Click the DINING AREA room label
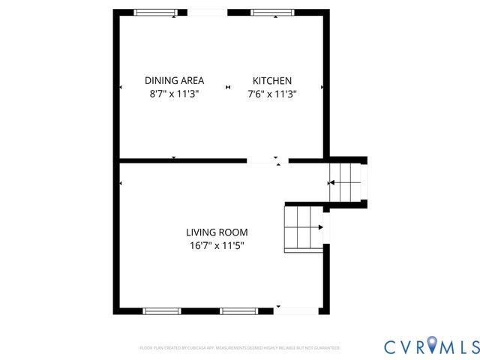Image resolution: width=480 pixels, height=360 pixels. (x=174, y=81)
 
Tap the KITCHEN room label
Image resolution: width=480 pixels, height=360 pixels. (x=271, y=81)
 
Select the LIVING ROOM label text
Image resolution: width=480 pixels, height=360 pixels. (x=217, y=232)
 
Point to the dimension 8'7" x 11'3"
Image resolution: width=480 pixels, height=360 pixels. (x=174, y=94)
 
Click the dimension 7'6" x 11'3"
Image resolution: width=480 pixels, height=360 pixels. (x=271, y=94)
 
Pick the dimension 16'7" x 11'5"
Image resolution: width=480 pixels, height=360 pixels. (x=217, y=245)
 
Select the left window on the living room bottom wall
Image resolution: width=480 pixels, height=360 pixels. (x=162, y=310)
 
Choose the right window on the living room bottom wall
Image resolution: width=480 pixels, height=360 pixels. (x=238, y=310)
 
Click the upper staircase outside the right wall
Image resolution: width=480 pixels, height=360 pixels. (x=346, y=182)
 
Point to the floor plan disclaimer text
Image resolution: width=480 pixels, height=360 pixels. (x=240, y=348)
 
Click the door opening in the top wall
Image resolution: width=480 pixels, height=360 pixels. (x=208, y=13)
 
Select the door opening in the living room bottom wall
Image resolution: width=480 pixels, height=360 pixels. (x=295, y=310)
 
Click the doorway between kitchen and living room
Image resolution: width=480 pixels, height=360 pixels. (x=267, y=160)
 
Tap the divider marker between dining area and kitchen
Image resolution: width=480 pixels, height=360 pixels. (x=228, y=88)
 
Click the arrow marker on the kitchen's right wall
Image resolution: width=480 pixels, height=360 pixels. (x=323, y=88)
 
